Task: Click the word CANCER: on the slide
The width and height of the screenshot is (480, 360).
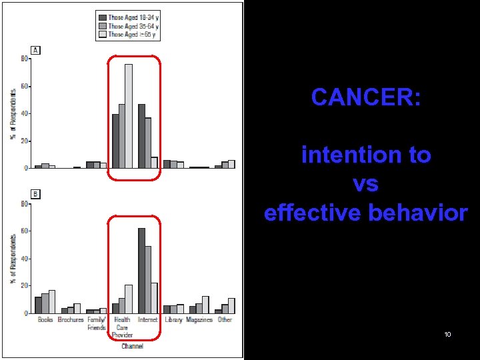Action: (x=365, y=97)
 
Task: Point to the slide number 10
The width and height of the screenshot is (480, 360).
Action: (x=447, y=334)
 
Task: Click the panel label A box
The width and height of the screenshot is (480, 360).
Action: (x=35, y=50)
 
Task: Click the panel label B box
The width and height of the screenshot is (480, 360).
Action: (x=35, y=195)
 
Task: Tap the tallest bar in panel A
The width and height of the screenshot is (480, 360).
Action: (x=128, y=116)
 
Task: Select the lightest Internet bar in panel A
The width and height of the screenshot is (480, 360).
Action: (x=154, y=163)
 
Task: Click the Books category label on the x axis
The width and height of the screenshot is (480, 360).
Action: (x=45, y=320)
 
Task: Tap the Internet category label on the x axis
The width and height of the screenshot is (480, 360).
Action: (x=147, y=320)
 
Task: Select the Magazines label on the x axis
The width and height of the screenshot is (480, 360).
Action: (x=199, y=320)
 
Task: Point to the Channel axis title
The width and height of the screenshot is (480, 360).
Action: (x=131, y=346)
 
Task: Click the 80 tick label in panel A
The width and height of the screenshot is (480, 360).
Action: (x=25, y=59)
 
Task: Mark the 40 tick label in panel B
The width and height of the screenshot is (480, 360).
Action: (x=25, y=259)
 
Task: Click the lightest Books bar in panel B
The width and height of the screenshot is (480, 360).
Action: (x=52, y=301)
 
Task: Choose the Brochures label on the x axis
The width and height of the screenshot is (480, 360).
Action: (x=71, y=320)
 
